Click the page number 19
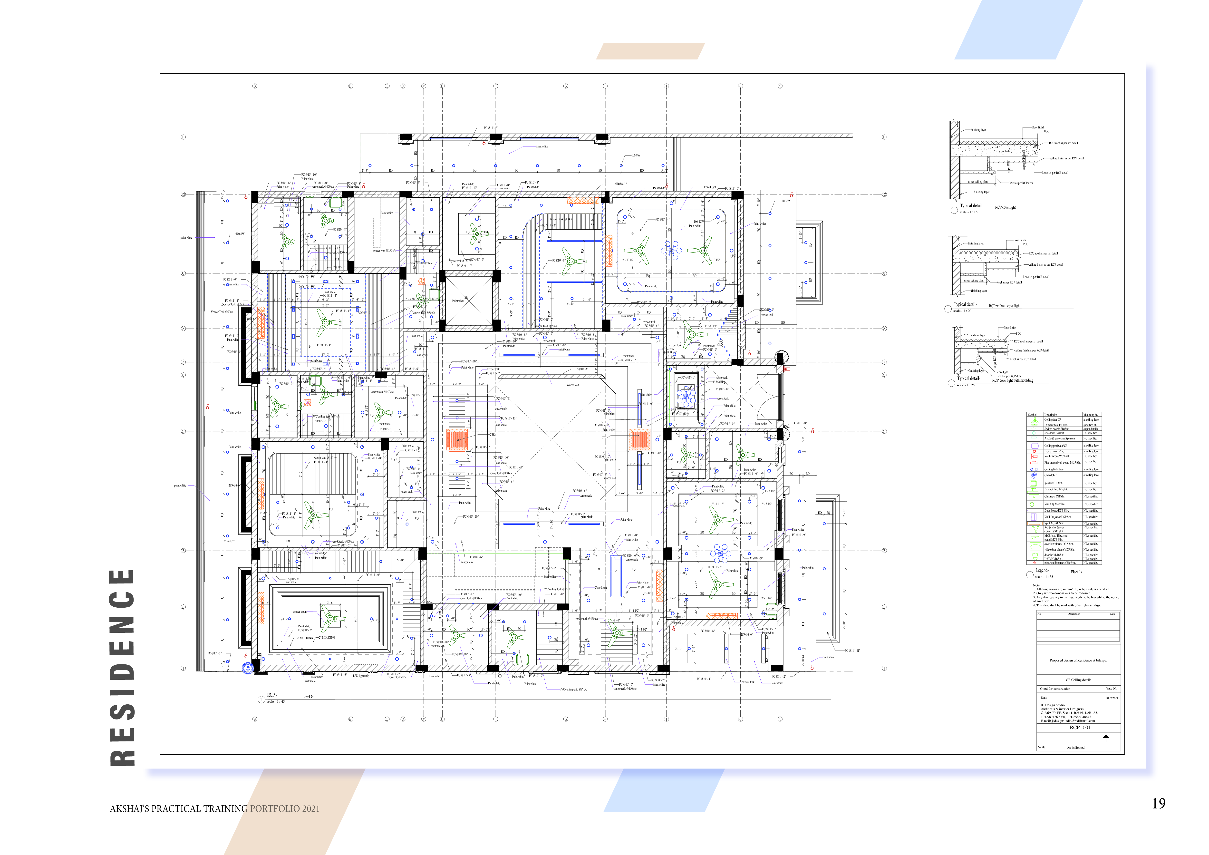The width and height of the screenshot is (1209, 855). [x=1159, y=803]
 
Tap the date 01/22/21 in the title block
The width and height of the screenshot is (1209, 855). [x=1112, y=698]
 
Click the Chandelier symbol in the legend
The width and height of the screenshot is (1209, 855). [x=1034, y=475]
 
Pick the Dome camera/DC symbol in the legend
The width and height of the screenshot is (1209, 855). [x=1034, y=451]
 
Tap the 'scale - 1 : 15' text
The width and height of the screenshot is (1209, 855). [x=968, y=212]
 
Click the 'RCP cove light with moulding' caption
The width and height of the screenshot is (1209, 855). [x=1012, y=380]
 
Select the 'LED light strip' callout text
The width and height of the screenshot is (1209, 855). [x=361, y=675]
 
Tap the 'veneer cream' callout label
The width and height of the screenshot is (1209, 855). [x=300, y=612]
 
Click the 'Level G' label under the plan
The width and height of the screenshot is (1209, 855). [x=308, y=697]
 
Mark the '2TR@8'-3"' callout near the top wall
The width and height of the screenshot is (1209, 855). [x=620, y=184]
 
